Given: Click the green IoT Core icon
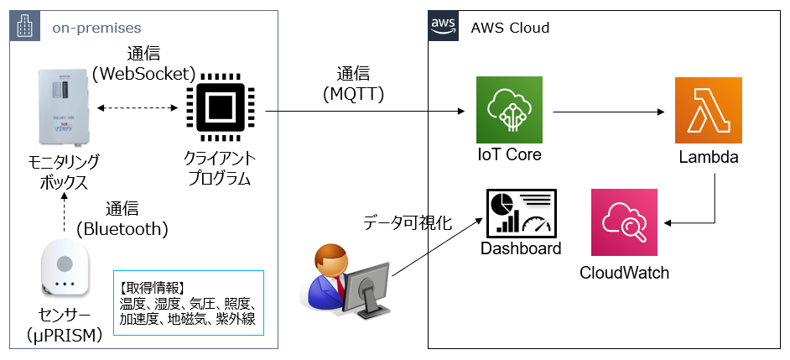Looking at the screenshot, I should point(509,109).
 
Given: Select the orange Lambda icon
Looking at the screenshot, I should point(709,111).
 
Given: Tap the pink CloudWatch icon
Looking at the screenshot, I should point(625,222).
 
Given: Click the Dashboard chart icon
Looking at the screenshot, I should point(520,211).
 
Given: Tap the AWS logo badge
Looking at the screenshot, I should point(444,25).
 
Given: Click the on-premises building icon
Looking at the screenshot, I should point(24,27).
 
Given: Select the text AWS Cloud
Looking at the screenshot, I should point(510,28).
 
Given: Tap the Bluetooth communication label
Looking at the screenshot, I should point(122,218).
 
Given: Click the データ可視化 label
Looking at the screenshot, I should point(408,223).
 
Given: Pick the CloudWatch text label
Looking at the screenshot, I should point(625,273).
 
